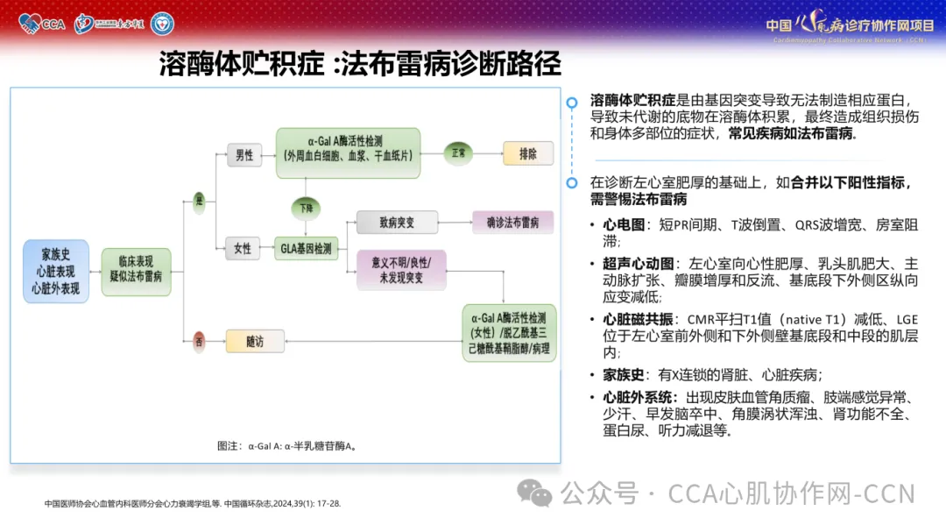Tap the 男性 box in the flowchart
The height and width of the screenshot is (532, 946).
point(244,155)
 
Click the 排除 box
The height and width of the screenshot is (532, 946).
point(527,153)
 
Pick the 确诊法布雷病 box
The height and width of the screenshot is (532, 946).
point(512,222)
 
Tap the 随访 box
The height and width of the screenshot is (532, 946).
point(256,341)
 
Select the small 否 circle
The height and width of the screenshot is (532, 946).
point(199,341)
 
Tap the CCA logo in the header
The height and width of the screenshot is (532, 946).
point(42,23)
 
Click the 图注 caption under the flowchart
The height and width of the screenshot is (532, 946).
point(286,445)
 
